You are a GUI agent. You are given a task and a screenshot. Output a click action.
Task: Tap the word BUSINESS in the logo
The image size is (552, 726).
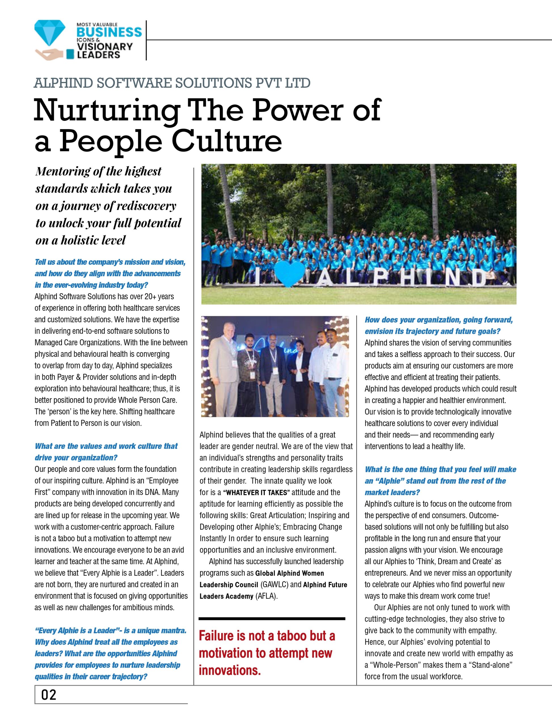click(109, 33)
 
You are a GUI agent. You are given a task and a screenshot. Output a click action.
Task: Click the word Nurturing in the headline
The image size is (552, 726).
click(106, 111)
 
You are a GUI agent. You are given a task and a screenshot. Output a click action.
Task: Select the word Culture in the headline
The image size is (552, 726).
click(227, 141)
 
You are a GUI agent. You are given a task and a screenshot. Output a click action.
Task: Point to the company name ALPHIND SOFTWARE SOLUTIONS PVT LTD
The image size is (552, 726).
click(172, 83)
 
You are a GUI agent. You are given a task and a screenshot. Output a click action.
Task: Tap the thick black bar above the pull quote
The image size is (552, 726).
click(272, 619)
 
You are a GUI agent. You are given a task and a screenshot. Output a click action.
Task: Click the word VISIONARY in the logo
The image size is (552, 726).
click(104, 46)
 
